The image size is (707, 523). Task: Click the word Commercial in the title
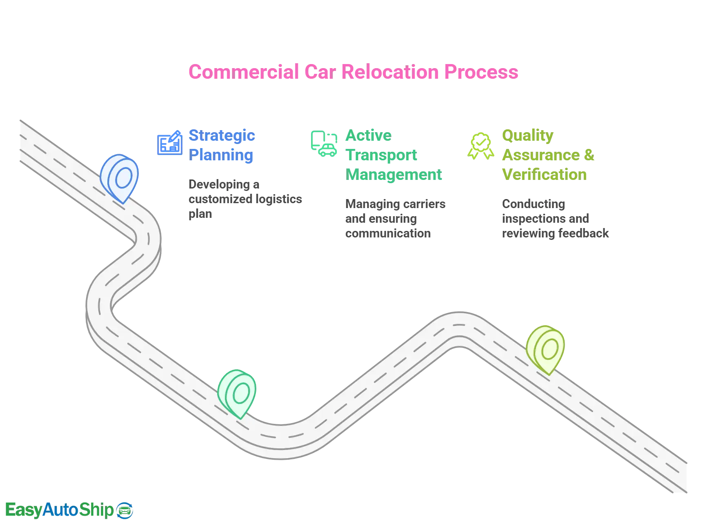click(243, 72)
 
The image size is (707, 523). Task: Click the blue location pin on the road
click(120, 177)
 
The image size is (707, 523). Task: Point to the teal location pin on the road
click(238, 393)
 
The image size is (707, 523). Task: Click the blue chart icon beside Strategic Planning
click(169, 143)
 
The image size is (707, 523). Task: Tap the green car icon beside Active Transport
click(324, 144)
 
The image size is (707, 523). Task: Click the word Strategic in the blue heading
click(222, 135)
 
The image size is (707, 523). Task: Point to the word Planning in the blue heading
click(221, 155)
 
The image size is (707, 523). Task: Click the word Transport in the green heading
click(381, 155)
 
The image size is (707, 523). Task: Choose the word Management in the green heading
click(394, 175)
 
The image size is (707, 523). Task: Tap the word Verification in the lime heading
click(544, 175)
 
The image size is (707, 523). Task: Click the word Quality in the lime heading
click(527, 135)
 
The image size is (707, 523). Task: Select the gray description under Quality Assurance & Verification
click(554, 218)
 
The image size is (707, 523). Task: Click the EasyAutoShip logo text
click(59, 510)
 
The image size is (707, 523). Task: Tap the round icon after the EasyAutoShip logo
click(125, 510)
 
